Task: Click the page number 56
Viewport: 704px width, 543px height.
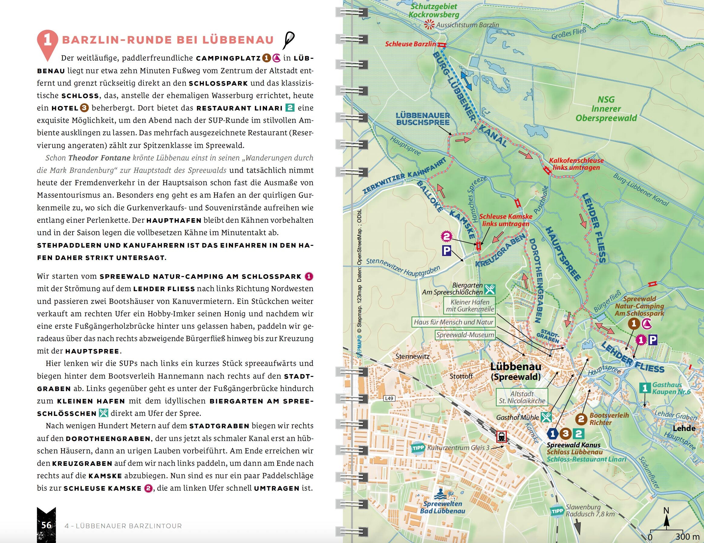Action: [46, 525]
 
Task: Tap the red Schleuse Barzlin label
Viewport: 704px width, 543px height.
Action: [410, 44]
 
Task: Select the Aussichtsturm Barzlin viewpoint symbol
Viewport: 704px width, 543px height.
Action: [429, 24]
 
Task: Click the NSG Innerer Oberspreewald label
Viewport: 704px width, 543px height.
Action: [606, 108]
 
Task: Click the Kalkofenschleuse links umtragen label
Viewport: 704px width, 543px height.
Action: [576, 164]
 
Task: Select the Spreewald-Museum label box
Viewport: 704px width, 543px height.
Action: [465, 335]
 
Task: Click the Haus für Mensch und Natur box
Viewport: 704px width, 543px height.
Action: [454, 322]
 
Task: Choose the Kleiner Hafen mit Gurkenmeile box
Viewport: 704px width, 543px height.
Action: [470, 305]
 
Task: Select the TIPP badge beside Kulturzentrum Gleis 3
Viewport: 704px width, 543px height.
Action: [418, 448]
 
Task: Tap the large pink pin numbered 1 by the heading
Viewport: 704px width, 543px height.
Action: [48, 42]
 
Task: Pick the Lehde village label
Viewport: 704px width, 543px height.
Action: [684, 428]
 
